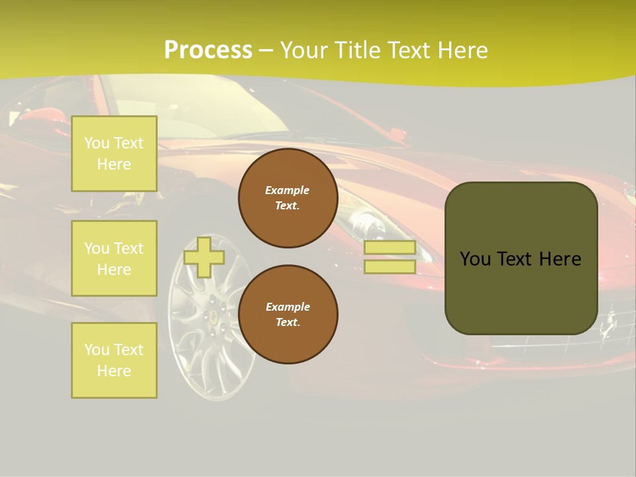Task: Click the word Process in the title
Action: [x=208, y=50]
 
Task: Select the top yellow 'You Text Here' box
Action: [x=114, y=154]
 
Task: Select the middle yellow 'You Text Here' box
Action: [x=114, y=258]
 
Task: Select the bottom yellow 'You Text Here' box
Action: [x=114, y=360]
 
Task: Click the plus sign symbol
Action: [x=204, y=257]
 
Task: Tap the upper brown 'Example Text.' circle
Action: [x=288, y=197]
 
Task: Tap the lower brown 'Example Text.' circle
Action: [x=288, y=314]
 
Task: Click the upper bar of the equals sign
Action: [x=390, y=248]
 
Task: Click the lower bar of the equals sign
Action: [x=390, y=266]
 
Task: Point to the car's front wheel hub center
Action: [x=213, y=317]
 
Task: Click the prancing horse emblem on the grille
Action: [x=608, y=325]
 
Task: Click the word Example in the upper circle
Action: [x=288, y=190]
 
